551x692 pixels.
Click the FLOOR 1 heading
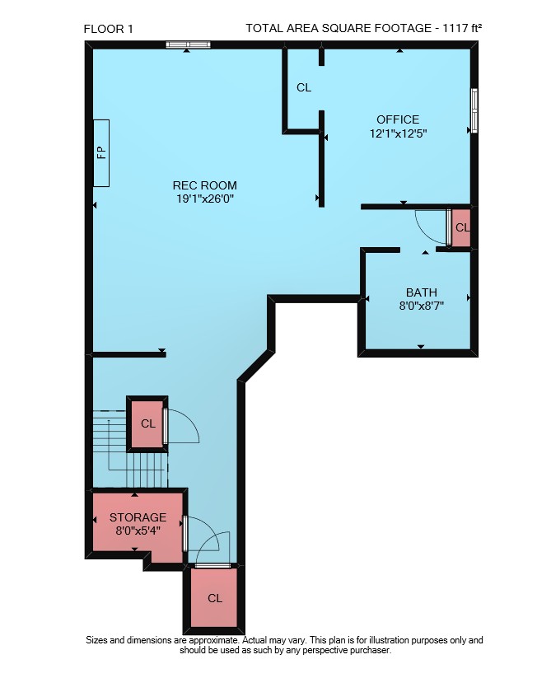108,29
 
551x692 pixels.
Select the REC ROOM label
205,185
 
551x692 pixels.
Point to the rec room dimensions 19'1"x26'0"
205,199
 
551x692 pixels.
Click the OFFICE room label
398,119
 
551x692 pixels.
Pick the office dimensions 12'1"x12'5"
399,133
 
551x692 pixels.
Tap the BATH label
422,292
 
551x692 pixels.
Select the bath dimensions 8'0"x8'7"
422,306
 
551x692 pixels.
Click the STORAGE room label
138,517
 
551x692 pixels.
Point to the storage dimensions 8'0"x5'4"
138,530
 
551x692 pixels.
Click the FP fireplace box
101,152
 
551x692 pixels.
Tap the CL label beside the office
304,88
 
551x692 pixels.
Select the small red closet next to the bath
461,227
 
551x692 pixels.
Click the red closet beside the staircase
147,424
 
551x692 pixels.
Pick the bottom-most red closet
214,598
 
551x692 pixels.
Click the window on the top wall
189,44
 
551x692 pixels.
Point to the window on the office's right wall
474,110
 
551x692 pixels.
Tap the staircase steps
131,448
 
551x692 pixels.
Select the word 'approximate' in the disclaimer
213,640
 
